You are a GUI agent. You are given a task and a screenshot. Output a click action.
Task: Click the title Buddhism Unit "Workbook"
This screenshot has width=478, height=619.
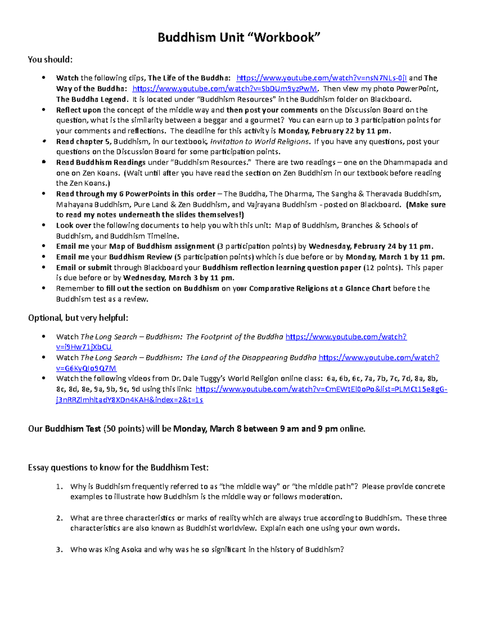tap(239, 37)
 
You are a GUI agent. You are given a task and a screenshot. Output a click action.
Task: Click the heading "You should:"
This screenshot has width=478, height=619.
tap(50, 60)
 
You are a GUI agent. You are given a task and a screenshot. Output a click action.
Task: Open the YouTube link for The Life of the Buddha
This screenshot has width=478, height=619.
tap(321, 78)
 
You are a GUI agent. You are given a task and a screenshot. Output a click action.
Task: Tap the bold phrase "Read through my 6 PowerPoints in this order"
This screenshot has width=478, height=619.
tap(136, 194)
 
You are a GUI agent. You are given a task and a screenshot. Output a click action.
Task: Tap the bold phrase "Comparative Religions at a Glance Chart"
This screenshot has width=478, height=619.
tap(320, 289)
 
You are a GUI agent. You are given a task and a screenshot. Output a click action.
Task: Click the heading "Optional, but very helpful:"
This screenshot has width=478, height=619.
tap(78, 318)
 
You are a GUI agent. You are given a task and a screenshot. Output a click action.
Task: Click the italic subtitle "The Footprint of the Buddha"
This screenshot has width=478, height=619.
tap(235, 337)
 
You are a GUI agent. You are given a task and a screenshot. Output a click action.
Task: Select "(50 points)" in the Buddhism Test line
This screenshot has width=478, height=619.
tap(123, 429)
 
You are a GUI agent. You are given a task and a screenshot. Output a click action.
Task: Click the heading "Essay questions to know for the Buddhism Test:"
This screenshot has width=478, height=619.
tap(118, 468)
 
